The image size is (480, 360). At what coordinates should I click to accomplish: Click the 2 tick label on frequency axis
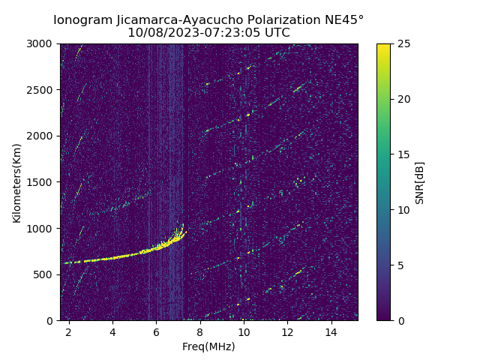click(x=69, y=331)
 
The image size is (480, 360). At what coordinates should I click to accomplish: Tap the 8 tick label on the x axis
click(x=200, y=331)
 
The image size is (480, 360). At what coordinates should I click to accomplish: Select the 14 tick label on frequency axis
click(x=331, y=331)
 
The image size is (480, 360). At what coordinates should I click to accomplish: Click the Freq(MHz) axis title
click(x=208, y=346)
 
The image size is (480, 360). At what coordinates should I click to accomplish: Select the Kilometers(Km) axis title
click(x=16, y=182)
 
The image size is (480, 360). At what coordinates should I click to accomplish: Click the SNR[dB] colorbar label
click(x=420, y=182)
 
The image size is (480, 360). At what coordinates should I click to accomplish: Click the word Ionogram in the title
click(x=80, y=19)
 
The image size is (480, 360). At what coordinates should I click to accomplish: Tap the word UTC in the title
click(x=276, y=33)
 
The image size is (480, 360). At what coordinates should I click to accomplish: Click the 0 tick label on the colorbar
click(x=399, y=320)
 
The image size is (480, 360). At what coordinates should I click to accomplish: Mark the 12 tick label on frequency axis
click(x=287, y=331)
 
